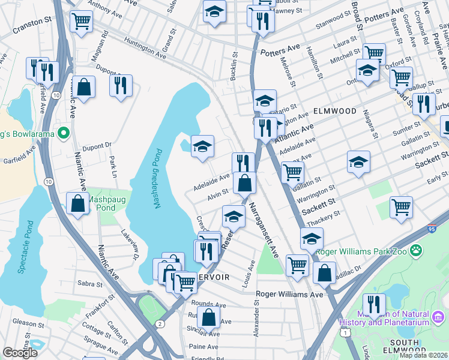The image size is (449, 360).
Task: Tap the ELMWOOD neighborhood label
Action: [334, 111]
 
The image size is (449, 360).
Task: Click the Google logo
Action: [20, 353]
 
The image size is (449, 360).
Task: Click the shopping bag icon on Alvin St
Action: [244, 183]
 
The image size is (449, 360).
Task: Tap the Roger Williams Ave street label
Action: [289, 295]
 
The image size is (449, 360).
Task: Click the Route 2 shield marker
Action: [160, 324]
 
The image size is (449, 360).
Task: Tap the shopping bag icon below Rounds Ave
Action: [208, 317]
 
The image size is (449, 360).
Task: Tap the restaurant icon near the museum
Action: [375, 304]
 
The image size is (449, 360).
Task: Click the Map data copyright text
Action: [423, 355]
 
